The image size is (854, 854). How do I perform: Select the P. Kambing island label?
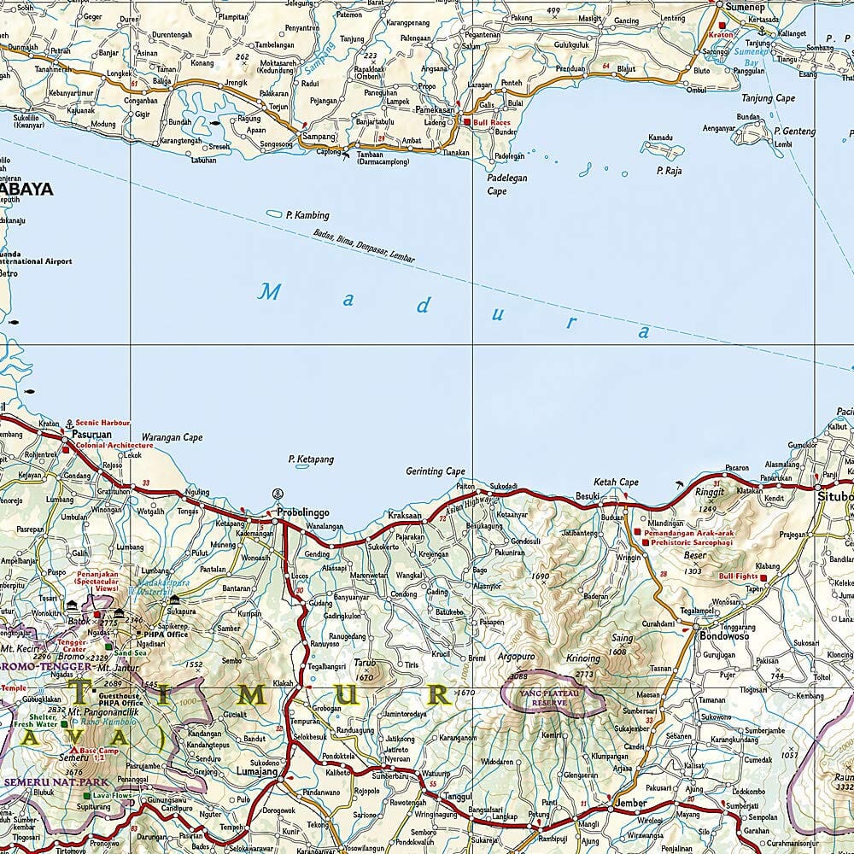coord(308,215)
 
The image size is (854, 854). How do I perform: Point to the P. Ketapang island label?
coord(311,459)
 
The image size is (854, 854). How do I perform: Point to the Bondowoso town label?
coord(724,636)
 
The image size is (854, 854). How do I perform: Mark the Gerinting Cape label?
coord(436,471)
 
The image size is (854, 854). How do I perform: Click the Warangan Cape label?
coord(172,437)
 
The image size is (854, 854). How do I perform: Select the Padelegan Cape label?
coord(507,184)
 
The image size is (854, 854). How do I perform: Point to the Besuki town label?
coord(588,495)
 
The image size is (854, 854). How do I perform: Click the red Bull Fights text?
coord(738,576)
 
